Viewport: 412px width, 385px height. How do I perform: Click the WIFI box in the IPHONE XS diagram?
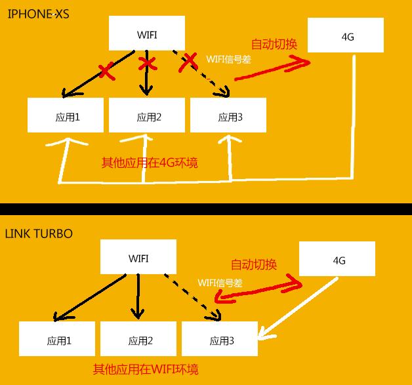146,35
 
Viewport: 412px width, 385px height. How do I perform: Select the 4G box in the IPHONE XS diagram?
346,35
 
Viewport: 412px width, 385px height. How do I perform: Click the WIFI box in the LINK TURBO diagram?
138,257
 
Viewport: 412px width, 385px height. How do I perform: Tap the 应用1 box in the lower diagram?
57,339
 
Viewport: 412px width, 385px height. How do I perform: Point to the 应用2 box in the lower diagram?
138,339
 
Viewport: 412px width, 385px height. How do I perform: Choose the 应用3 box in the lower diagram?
220,339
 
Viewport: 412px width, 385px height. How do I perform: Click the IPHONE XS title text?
39,14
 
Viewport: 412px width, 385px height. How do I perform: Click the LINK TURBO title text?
39,233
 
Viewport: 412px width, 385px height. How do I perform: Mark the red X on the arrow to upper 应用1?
106,70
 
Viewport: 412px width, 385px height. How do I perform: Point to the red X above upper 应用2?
148,64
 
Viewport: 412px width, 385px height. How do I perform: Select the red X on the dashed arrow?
189,62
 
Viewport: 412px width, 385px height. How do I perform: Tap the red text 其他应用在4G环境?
150,163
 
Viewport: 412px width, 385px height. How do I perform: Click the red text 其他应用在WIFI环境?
146,369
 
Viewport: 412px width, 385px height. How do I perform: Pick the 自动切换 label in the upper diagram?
274,45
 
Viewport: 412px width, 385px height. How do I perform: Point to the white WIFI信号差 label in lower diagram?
220,282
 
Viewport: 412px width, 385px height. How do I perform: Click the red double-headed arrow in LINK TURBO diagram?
260,289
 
